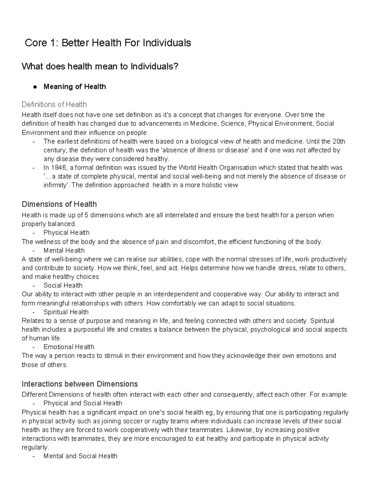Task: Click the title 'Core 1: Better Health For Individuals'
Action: click(x=108, y=43)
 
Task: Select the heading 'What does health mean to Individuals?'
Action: click(x=100, y=66)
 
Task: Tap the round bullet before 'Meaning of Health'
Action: click(x=35, y=87)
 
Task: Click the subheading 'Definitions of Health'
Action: click(x=54, y=104)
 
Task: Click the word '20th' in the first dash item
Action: click(x=339, y=142)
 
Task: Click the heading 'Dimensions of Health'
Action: click(x=59, y=204)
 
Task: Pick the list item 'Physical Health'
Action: click(x=66, y=232)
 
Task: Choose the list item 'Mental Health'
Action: click(x=64, y=250)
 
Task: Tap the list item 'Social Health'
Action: click(x=63, y=285)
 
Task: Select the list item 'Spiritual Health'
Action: click(x=66, y=312)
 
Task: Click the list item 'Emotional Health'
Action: click(x=69, y=347)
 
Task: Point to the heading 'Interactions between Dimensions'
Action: click(x=80, y=384)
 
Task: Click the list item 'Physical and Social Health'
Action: click(x=83, y=403)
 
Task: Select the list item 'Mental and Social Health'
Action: click(x=80, y=456)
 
